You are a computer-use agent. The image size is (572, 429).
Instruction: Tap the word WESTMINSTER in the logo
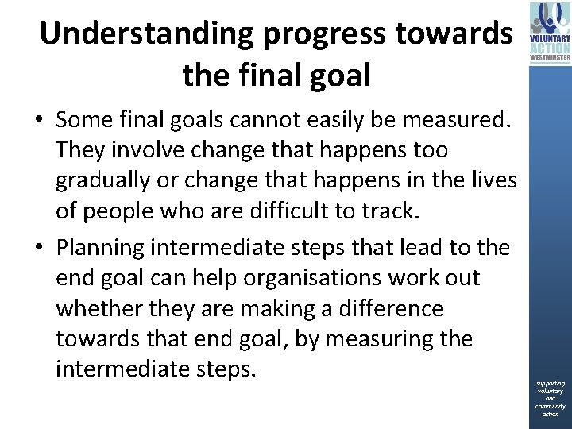(550, 56)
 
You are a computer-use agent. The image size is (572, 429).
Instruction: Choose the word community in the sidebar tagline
(550, 407)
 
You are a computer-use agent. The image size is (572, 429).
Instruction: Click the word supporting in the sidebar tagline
(550, 384)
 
